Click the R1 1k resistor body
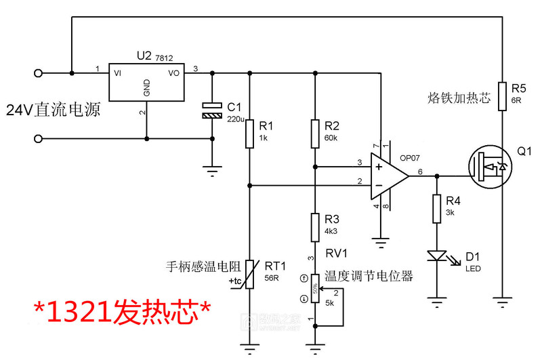click(x=250, y=134)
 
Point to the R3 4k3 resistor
click(x=315, y=227)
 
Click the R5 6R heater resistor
click(x=502, y=96)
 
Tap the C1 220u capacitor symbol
click(x=212, y=111)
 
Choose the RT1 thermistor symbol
click(x=250, y=274)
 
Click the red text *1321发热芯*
click(x=123, y=312)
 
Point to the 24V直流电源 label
click(x=54, y=108)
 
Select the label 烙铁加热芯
click(x=459, y=98)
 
